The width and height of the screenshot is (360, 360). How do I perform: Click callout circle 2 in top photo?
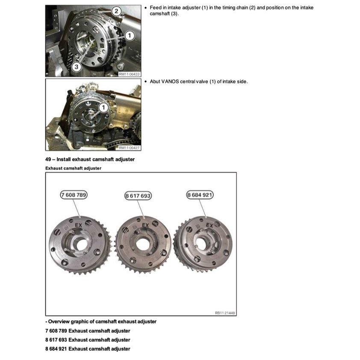116,11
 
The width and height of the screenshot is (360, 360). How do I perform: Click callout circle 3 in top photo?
77,67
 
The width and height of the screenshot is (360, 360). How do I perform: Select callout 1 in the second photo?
103,108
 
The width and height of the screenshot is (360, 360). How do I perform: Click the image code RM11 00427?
129,148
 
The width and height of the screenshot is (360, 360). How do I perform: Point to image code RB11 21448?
224,313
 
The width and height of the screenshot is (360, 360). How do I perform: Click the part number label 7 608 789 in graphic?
74,195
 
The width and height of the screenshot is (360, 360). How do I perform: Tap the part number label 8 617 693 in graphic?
138,196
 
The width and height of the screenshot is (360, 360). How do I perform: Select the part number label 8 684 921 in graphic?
200,195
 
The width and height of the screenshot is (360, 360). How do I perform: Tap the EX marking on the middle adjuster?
145,224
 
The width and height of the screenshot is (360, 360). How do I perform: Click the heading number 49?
48,159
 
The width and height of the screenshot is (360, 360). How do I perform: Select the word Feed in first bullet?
156,8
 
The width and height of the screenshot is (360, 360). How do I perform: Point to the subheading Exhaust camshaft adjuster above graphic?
73,168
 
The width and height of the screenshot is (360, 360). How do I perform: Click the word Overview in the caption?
60,322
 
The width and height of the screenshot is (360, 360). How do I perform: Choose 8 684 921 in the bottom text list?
56,349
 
